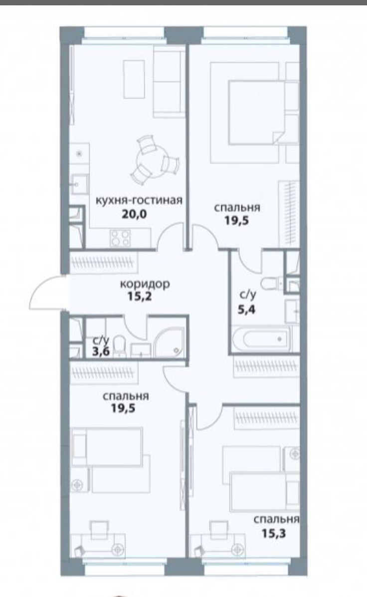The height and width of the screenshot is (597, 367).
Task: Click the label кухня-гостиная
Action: tap(139, 200)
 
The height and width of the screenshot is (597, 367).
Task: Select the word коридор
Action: tap(145, 284)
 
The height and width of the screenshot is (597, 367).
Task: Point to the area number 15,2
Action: tap(140, 296)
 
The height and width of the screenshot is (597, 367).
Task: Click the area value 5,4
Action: tap(247, 309)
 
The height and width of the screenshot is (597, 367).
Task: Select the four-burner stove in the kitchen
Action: tap(120, 238)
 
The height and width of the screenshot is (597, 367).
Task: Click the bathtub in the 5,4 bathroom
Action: tap(262, 338)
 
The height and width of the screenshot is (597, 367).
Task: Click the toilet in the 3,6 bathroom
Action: tap(119, 344)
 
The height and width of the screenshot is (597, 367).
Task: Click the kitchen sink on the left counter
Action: tap(79, 184)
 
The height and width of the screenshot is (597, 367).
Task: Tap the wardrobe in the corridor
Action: tap(104, 262)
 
